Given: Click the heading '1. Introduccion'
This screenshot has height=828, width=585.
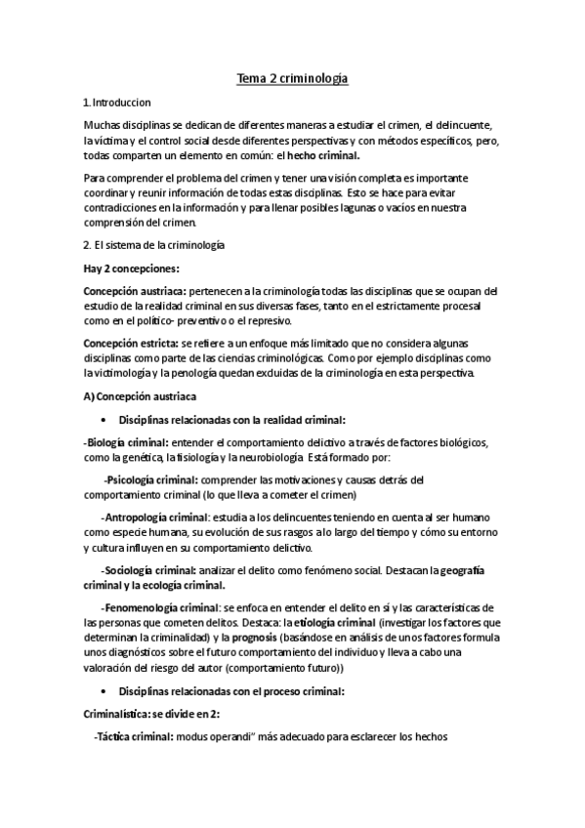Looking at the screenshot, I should click(117, 102).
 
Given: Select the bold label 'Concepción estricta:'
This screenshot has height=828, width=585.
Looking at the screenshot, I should click(130, 346).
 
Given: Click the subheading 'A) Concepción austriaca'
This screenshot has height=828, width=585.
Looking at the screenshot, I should click(141, 396).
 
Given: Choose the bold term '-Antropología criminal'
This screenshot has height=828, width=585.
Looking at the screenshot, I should click(154, 517).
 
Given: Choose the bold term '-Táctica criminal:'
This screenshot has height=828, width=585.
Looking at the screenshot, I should click(132, 738).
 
